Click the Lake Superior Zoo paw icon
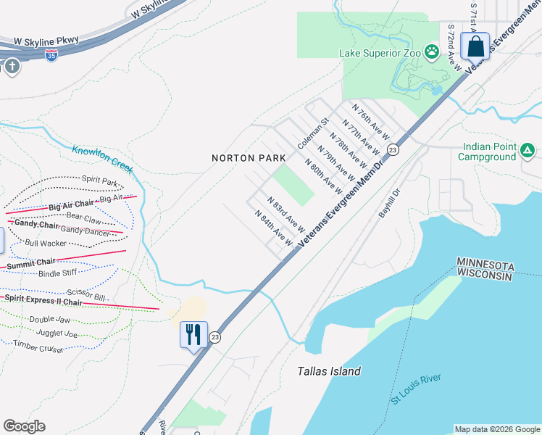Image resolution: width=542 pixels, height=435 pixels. tap(432, 51)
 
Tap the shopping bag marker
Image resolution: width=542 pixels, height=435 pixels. tap(475, 47)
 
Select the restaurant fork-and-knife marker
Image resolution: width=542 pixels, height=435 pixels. tap(193, 335)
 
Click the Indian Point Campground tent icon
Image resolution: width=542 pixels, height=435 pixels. tap(528, 151)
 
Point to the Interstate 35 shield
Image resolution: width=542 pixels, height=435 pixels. tap(51, 54)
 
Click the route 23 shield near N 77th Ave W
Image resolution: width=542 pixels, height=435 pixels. tap(393, 149)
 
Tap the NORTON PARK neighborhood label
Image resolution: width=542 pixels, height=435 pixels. tap(242, 158)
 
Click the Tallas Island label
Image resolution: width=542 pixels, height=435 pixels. tap(329, 371)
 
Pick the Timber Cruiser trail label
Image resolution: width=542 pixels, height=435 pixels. tap(38, 347)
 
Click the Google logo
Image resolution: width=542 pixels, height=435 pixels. tap(24, 426)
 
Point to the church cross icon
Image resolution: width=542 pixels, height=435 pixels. tap(12, 67)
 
